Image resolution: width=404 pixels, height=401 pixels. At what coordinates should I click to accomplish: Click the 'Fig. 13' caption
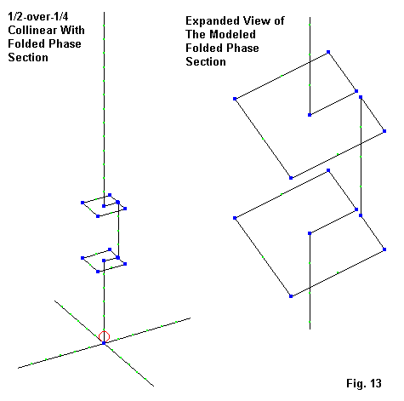pos(364,383)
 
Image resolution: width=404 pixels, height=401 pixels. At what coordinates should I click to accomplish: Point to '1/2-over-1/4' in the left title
pos(38,16)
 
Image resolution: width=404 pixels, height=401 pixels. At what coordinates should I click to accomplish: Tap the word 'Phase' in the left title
pos(68,43)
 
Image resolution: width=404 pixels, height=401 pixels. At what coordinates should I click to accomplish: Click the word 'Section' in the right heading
pos(206,61)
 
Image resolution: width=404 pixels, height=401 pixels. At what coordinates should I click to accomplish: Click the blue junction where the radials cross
pos(104,343)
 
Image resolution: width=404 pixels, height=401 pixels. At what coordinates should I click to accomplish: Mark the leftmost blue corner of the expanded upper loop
pos(235,99)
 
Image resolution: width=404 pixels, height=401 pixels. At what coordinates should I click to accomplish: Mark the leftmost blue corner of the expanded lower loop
pos(235,218)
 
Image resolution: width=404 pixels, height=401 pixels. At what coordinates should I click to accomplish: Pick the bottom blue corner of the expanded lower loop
pos(291,296)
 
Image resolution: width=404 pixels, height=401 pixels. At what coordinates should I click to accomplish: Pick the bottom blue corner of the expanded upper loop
pos(291,178)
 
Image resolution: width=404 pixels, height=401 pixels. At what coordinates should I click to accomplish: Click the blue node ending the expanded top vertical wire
pos(310,115)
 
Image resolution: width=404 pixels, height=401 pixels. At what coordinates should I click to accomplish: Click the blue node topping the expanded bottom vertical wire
pos(310,233)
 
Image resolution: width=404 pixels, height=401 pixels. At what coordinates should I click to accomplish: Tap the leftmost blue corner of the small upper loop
pos(83,203)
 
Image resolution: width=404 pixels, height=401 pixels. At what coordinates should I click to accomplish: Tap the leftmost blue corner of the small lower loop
pos(83,258)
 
